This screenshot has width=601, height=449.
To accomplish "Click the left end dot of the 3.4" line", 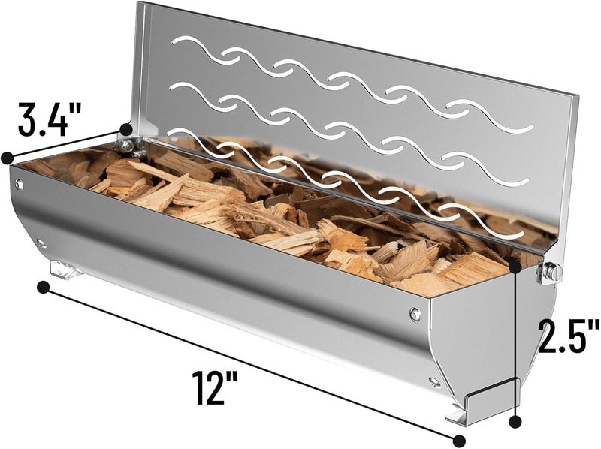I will pyautogui.click(x=7, y=158).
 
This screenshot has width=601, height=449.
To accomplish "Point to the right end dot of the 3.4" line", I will pyautogui.click(x=126, y=130).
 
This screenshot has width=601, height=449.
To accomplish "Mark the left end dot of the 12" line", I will pyautogui.click(x=43, y=286).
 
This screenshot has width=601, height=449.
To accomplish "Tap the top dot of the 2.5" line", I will pyautogui.click(x=515, y=264).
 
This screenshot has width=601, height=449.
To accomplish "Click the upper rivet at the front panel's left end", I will pyautogui.click(x=20, y=185).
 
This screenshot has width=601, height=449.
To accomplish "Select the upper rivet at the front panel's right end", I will pyautogui.click(x=415, y=314).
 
